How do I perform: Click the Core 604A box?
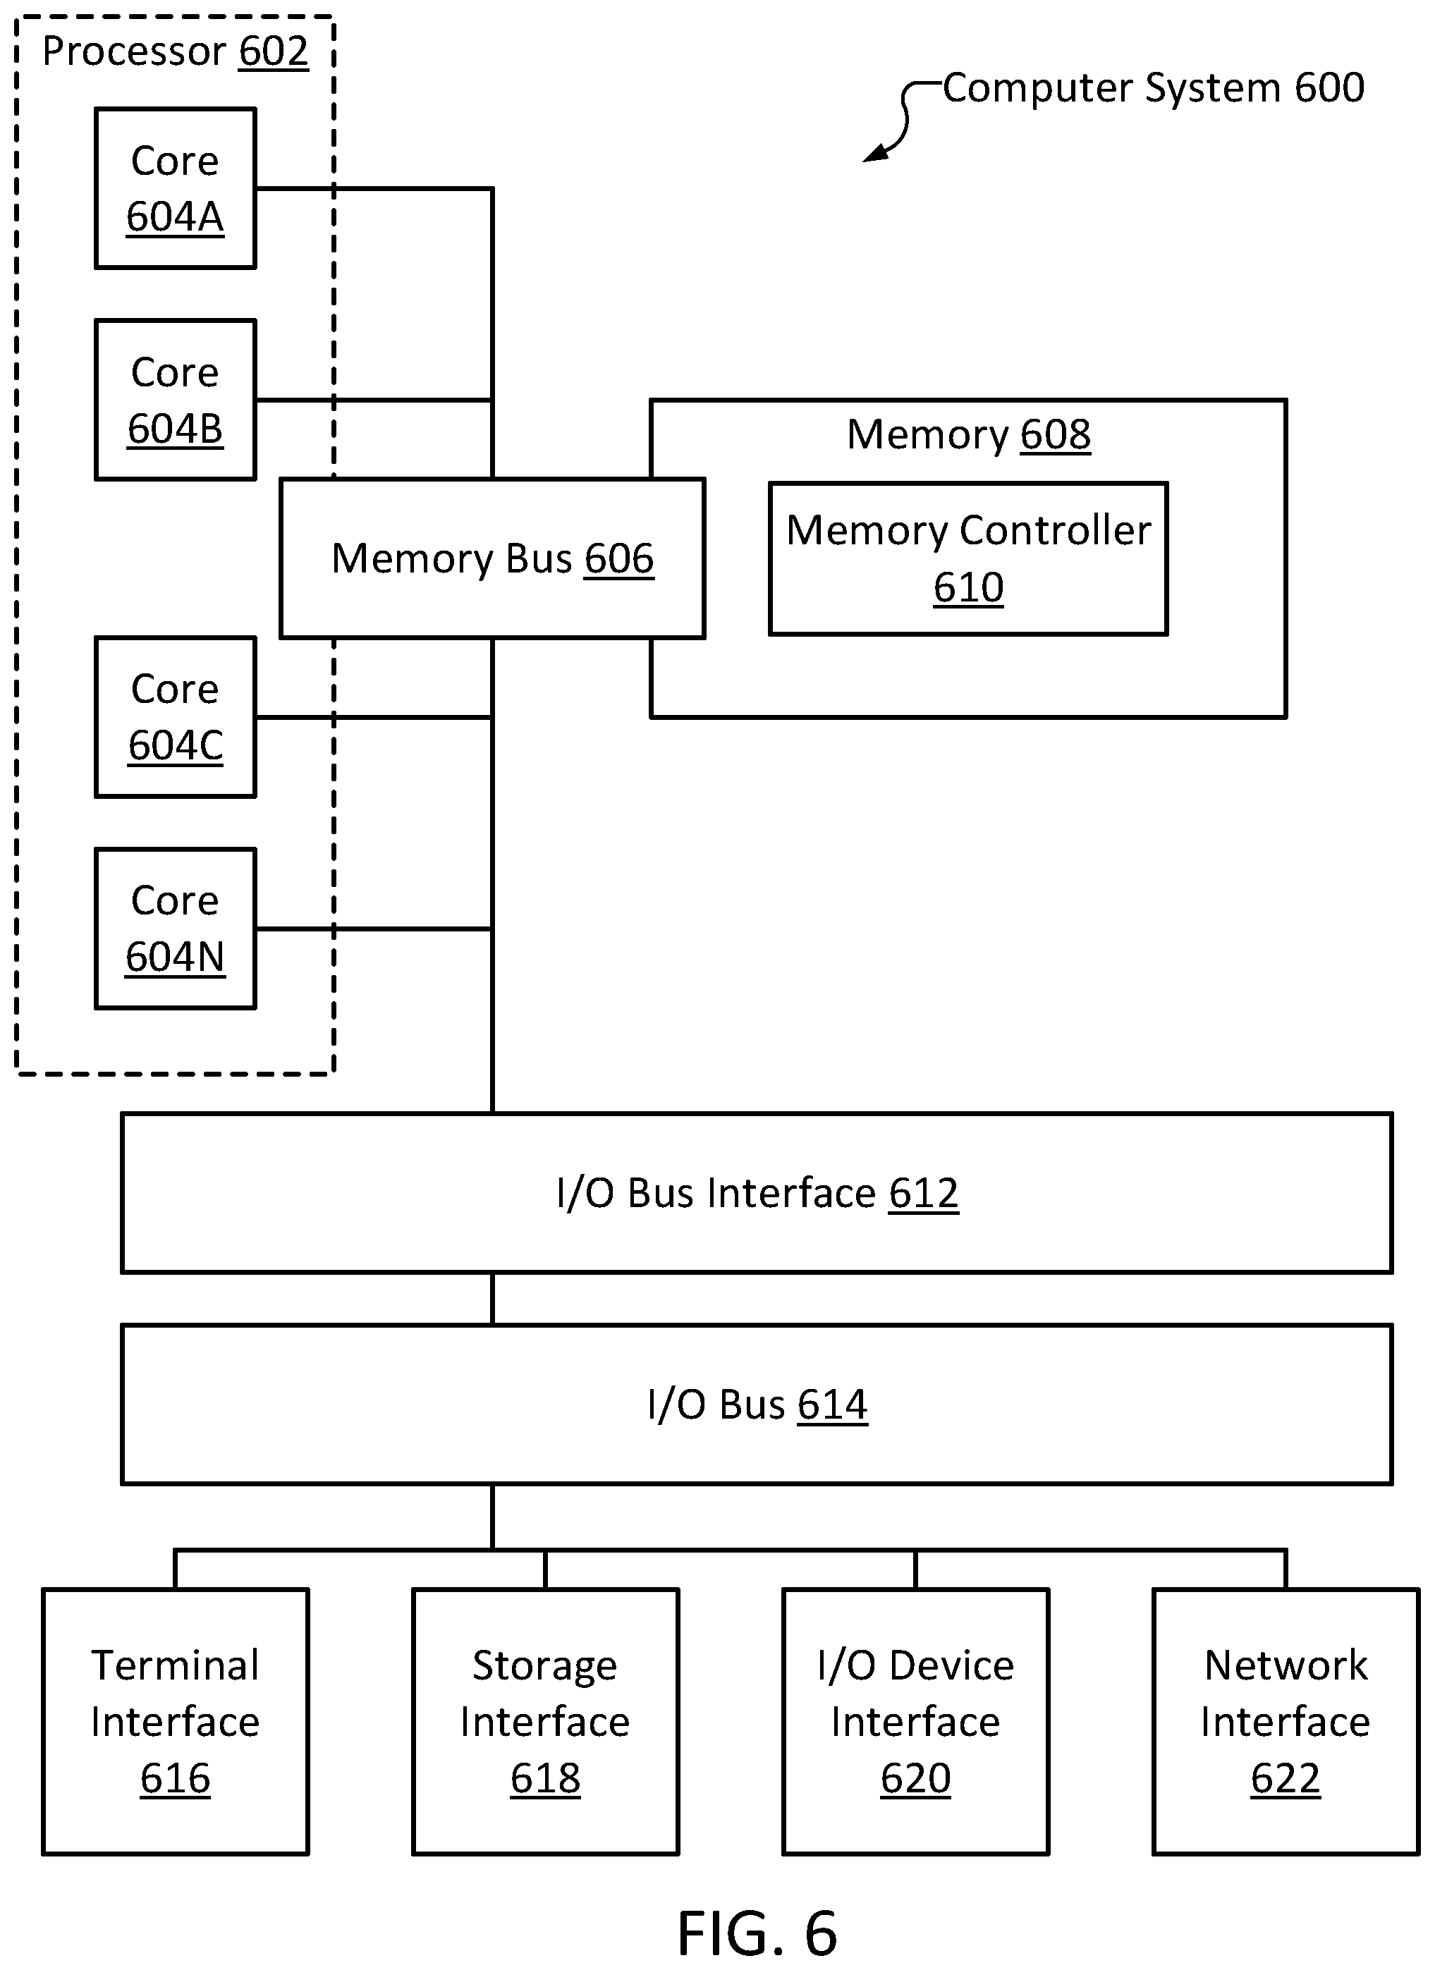[176, 188]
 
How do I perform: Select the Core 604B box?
[176, 400]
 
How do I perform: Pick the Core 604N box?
[176, 929]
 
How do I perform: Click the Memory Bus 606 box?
[492, 558]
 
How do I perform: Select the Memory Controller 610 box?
[969, 558]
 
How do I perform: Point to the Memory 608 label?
[969, 434]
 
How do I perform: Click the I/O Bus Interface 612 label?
[757, 1194]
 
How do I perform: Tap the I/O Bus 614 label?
[757, 1405]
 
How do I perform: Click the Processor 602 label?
[176, 51]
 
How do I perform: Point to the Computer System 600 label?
[1154, 87]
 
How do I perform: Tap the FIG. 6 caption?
[757, 1933]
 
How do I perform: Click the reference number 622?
[1286, 1778]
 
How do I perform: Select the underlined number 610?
[969, 587]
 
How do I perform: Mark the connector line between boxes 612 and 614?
[492, 1299]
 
